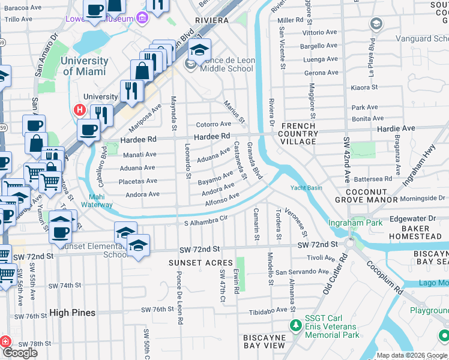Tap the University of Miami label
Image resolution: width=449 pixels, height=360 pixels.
pyautogui.click(x=85, y=66)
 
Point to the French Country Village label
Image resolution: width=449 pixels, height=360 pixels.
pyautogui.click(x=298, y=133)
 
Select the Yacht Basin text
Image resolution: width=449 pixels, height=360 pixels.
pyautogui.click(x=307, y=187)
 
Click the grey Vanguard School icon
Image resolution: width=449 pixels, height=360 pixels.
pyautogui.click(x=376, y=24)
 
